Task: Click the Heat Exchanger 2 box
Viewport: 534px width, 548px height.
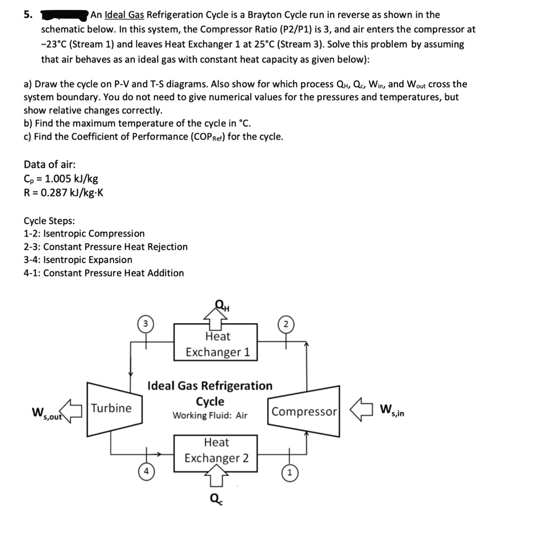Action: pyautogui.click(x=216, y=451)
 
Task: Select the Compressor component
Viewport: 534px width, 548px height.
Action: pyautogui.click(x=304, y=412)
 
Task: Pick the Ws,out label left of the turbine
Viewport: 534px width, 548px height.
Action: pyautogui.click(x=48, y=413)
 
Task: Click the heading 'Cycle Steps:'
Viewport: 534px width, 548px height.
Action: pyautogui.click(x=49, y=220)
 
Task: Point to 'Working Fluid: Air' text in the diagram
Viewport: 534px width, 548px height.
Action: pyautogui.click(x=210, y=415)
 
